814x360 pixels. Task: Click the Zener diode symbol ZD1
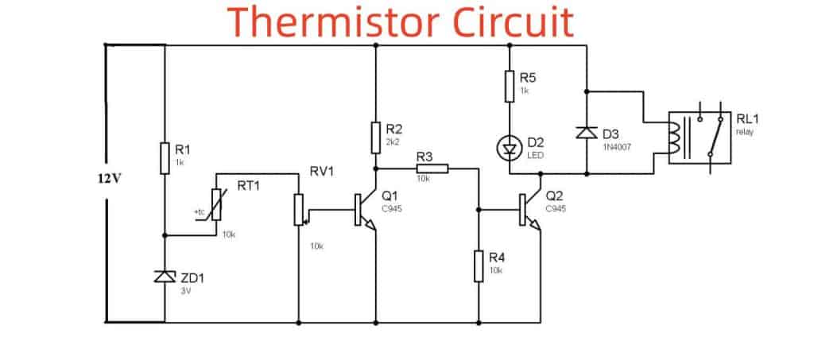(x=165, y=276)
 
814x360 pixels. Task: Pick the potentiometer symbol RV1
(x=299, y=209)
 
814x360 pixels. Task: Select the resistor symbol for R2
(x=374, y=137)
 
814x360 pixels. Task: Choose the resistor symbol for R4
(x=480, y=265)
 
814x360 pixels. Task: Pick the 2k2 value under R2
(x=392, y=141)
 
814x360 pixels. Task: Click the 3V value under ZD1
(x=187, y=291)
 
